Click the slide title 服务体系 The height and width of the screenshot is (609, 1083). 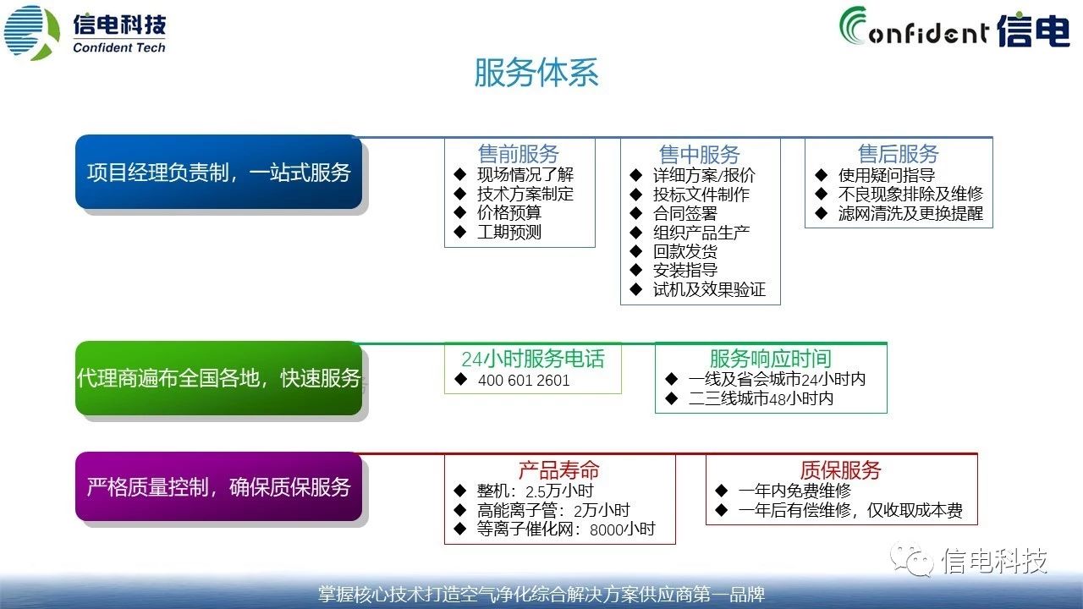[536, 73]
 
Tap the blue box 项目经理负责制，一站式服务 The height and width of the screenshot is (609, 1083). [218, 172]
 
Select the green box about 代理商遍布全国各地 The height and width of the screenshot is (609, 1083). [218, 378]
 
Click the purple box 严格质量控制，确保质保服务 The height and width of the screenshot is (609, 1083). [218, 486]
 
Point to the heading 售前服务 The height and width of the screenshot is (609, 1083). [519, 154]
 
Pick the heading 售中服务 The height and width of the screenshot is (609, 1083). [700, 155]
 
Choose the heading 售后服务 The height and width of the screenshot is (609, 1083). [899, 154]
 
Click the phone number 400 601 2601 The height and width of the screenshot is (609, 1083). [524, 381]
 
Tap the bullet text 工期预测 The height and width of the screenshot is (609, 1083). [509, 232]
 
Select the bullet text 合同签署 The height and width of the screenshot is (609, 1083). [685, 213]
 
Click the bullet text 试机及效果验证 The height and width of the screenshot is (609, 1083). [709, 289]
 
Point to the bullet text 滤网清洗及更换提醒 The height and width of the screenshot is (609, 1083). [910, 213]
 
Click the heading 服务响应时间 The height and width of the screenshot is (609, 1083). [771, 359]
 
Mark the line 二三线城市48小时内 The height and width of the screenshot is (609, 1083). [761, 398]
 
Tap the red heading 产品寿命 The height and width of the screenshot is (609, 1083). [559, 469]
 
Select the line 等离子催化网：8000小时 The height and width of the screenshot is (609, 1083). [566, 529]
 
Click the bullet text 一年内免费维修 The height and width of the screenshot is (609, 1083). [794, 491]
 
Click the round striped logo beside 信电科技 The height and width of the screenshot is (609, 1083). [32, 32]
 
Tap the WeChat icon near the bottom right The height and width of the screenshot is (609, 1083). [912, 560]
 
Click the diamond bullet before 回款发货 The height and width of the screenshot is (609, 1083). [635, 251]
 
